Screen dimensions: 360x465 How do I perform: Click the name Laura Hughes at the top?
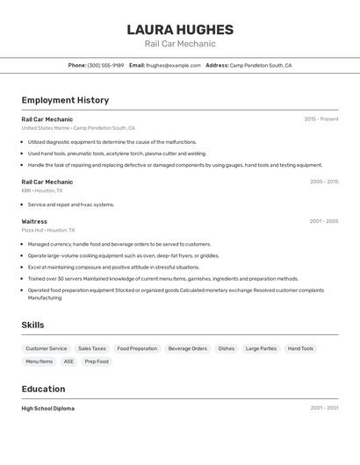tap(180, 29)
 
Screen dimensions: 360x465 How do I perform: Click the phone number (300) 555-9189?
tap(105, 65)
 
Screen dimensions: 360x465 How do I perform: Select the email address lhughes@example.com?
tap(173, 65)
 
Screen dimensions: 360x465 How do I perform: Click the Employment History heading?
tap(65, 100)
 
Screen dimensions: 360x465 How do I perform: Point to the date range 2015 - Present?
tap(320, 118)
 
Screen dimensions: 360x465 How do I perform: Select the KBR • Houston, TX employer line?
tap(42, 190)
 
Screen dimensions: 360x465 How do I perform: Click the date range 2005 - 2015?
tap(324, 182)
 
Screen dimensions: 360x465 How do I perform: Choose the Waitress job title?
tap(34, 221)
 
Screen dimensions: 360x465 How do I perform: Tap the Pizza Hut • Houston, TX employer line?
tap(48, 230)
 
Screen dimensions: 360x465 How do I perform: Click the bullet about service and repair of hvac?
tap(71, 204)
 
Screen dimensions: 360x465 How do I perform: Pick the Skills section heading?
tap(32, 325)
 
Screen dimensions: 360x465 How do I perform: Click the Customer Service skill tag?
tap(46, 348)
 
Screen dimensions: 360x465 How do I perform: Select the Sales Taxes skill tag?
tap(92, 348)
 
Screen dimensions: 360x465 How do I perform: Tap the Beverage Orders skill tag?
tap(188, 348)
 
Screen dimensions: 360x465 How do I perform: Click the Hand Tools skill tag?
tap(300, 348)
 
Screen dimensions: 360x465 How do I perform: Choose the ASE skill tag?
tap(68, 361)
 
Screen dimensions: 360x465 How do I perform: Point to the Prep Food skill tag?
tap(97, 361)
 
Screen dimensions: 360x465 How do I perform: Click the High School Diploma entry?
tap(48, 408)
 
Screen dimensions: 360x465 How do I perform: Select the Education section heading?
tap(43, 389)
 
